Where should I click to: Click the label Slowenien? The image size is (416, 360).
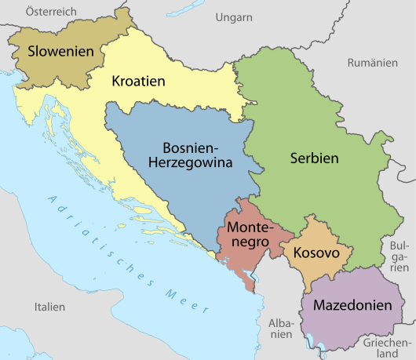click(x=66, y=52)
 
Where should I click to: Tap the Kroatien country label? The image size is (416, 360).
click(x=138, y=81)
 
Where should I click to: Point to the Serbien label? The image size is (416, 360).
click(x=313, y=158)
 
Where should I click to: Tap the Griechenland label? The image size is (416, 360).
click(x=385, y=347)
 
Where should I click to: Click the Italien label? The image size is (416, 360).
click(x=49, y=307)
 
